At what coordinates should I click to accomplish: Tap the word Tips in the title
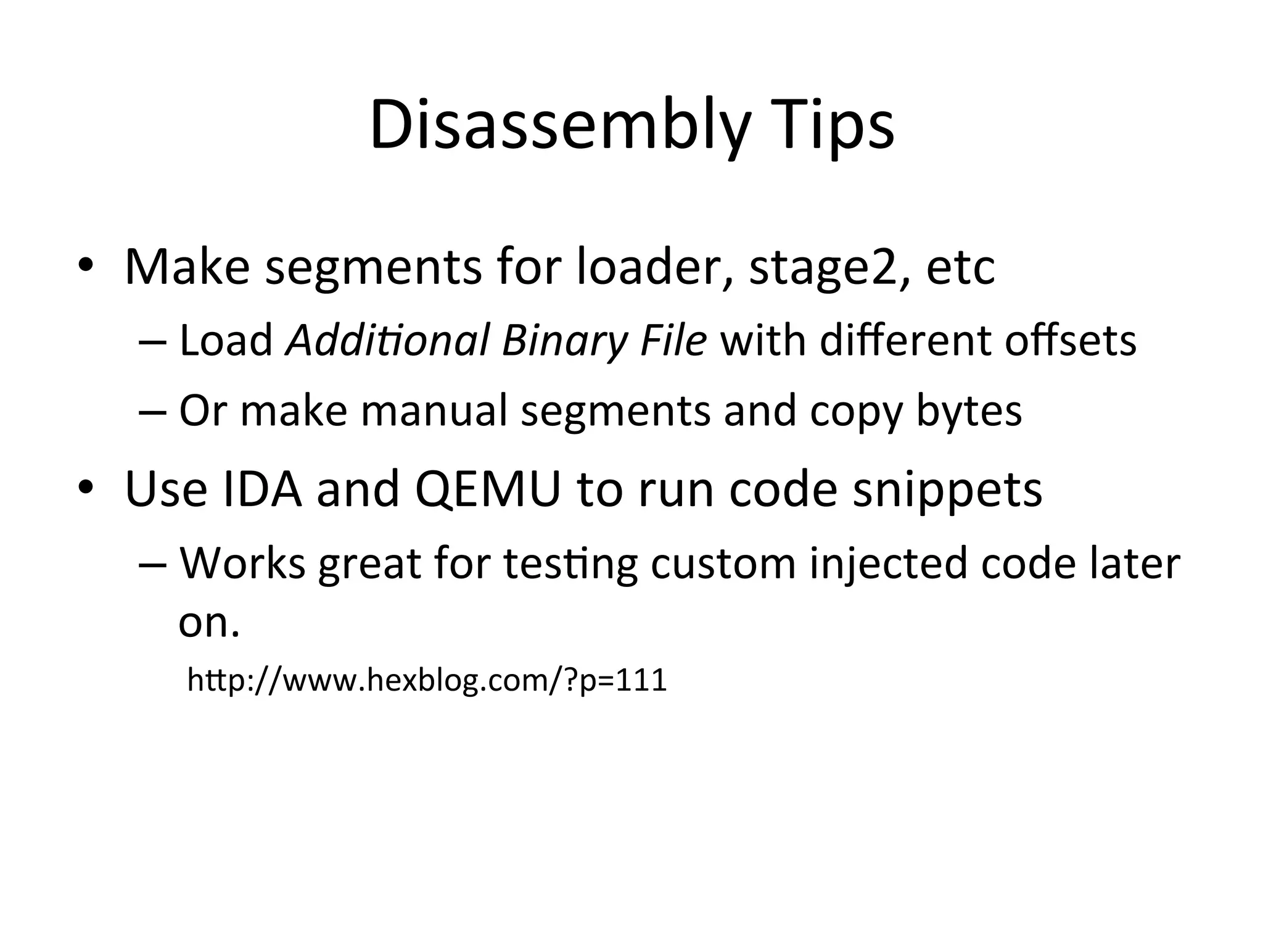(833, 127)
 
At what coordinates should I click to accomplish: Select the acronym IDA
(262, 489)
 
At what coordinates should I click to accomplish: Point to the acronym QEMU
(488, 489)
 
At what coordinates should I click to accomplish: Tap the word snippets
(947, 490)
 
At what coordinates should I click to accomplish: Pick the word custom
(723, 564)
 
